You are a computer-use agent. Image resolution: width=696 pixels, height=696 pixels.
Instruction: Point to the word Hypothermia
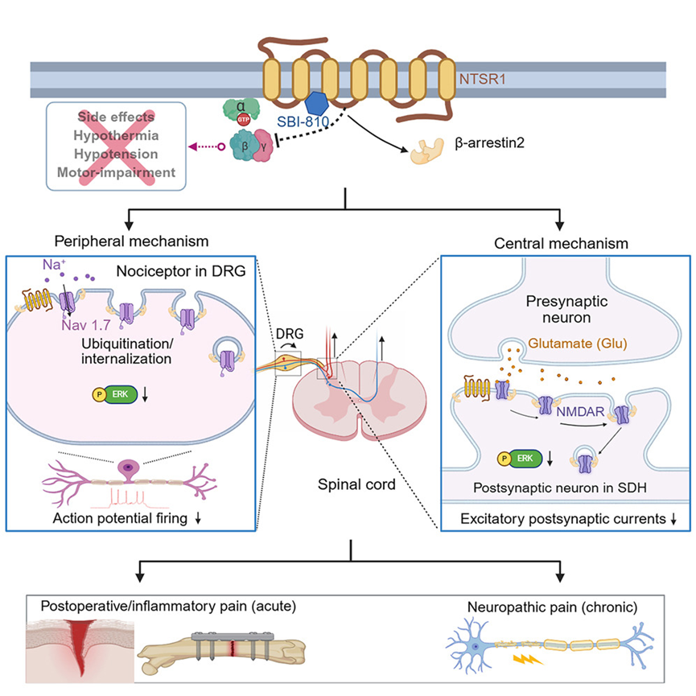[116, 134]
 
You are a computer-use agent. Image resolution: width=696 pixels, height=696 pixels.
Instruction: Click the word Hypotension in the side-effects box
[116, 153]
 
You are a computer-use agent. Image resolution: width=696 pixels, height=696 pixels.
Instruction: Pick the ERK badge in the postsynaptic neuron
[522, 459]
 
